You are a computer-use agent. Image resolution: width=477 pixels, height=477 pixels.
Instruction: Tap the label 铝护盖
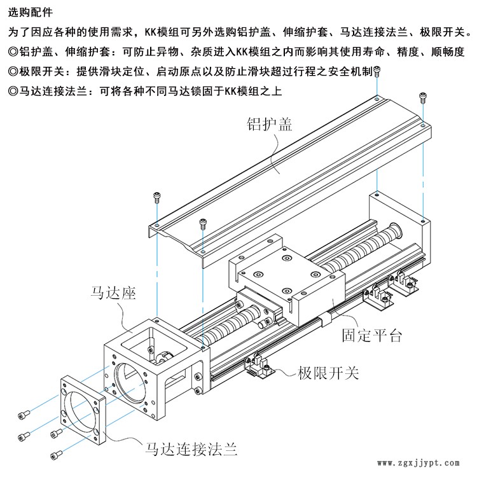(x=270, y=124)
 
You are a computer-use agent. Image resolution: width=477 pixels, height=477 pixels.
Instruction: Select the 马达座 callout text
(x=111, y=293)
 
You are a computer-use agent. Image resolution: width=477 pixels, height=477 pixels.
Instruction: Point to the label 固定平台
(x=371, y=336)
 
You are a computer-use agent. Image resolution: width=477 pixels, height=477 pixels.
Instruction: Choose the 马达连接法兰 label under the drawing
(x=191, y=450)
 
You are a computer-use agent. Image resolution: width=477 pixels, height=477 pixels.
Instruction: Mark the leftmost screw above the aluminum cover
(x=156, y=197)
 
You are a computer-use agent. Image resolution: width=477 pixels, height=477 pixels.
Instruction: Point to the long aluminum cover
(x=286, y=165)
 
